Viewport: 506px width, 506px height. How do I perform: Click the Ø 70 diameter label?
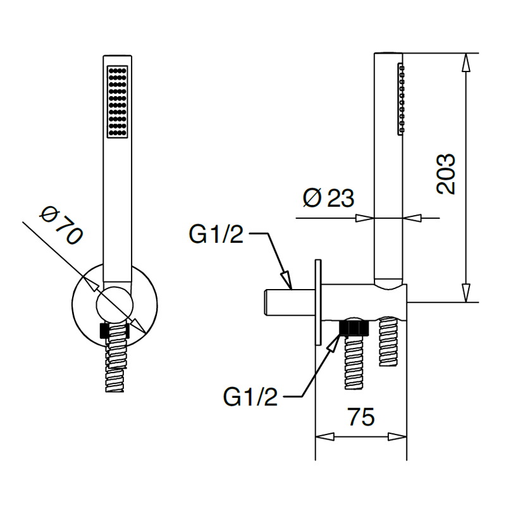(61, 226)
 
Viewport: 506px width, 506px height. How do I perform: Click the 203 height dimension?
(446, 174)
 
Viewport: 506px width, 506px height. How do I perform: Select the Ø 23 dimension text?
(328, 197)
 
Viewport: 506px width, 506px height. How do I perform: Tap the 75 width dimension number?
(361, 417)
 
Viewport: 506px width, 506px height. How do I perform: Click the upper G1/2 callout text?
(216, 234)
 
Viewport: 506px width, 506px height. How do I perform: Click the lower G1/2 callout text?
(250, 397)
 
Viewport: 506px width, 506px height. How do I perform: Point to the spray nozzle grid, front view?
(118, 102)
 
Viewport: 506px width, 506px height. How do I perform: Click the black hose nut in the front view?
(115, 330)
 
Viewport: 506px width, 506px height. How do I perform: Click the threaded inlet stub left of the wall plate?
(290, 302)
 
